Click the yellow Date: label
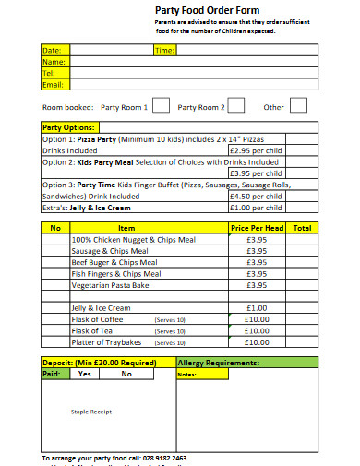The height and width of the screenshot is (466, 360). pyautogui.click(x=52, y=50)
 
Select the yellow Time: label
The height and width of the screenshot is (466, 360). pyautogui.click(x=164, y=50)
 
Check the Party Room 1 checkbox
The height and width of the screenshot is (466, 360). pyautogui.click(x=161, y=106)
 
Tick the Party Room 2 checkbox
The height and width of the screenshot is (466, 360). pyautogui.click(x=236, y=106)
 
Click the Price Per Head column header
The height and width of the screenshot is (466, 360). pyautogui.click(x=257, y=227)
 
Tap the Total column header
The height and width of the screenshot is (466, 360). pyautogui.click(x=302, y=227)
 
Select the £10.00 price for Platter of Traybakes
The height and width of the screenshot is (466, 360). pyautogui.click(x=257, y=341)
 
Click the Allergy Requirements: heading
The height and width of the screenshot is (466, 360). pyautogui.click(x=218, y=363)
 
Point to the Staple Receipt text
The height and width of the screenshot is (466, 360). pyautogui.click(x=91, y=412)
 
